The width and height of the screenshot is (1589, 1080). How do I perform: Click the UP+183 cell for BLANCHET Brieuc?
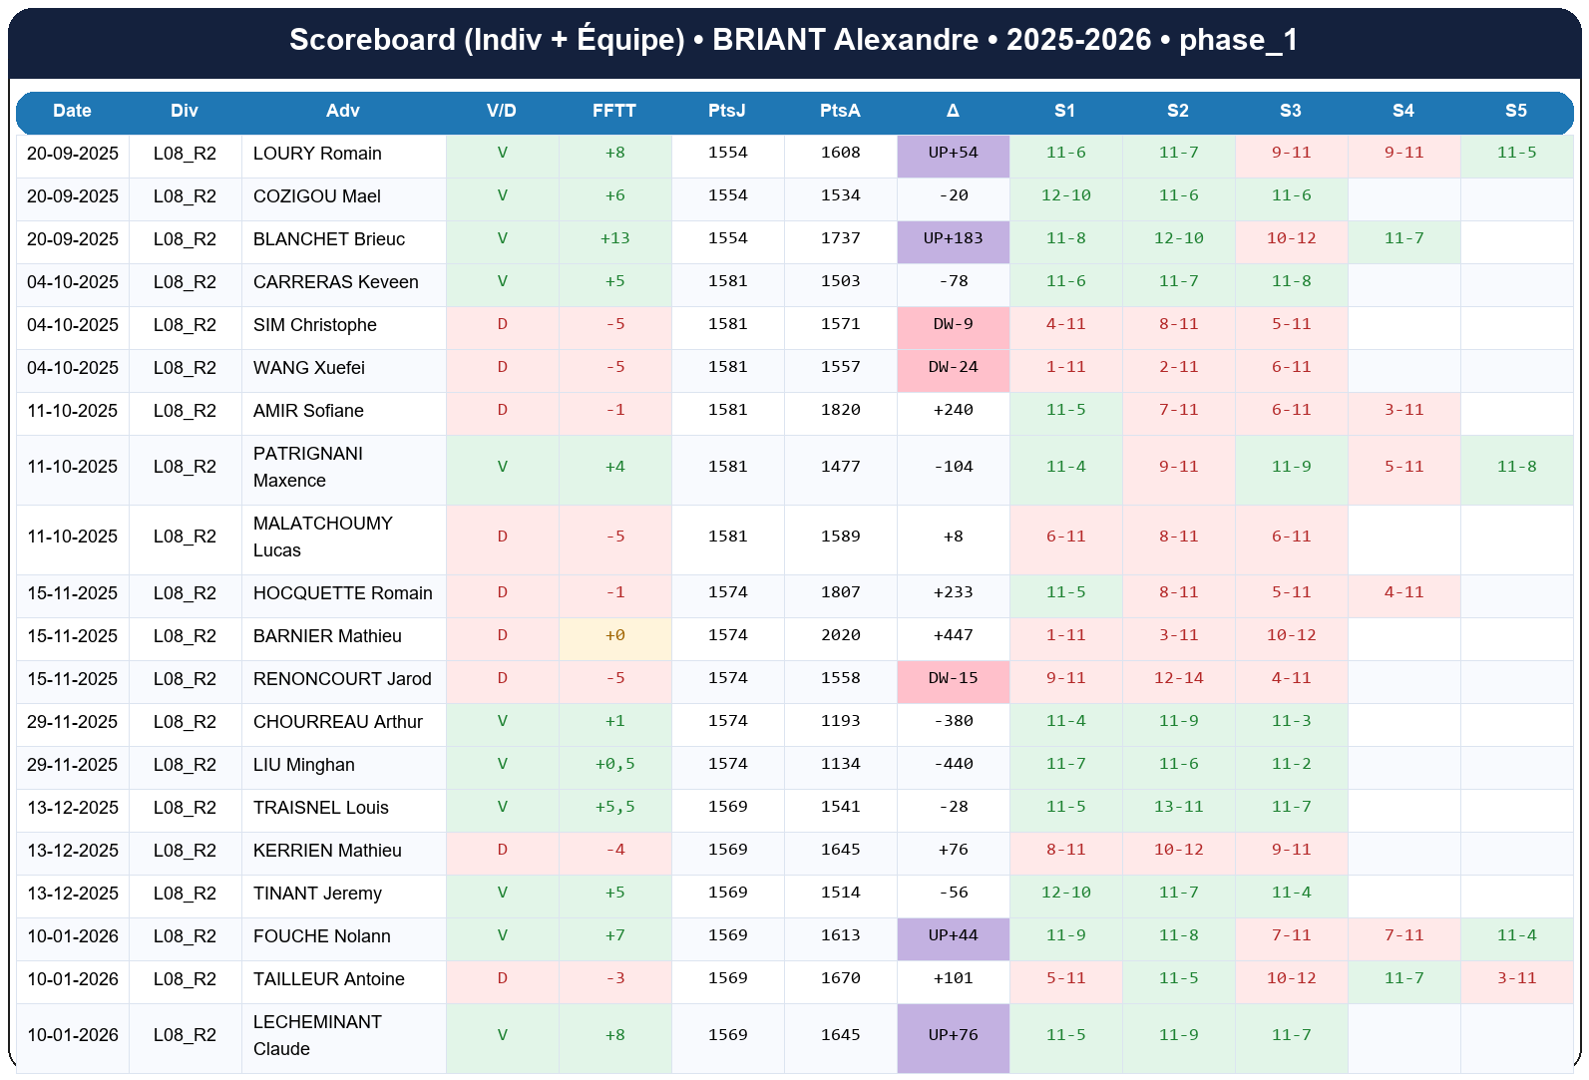pyautogui.click(x=953, y=238)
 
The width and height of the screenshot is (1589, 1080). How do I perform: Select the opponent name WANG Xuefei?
pyautogui.click(x=308, y=368)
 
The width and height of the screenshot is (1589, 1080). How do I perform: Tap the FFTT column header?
pyautogui.click(x=613, y=111)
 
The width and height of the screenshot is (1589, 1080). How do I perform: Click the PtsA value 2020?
pyautogui.click(x=840, y=635)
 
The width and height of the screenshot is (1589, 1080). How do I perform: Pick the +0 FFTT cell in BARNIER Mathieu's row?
pyautogui.click(x=614, y=636)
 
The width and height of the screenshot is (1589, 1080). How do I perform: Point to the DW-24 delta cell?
pyautogui.click(x=953, y=367)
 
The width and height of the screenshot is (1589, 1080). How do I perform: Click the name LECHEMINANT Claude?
pyautogui.click(x=316, y=1035)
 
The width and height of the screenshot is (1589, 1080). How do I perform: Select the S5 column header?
pyautogui.click(x=1515, y=111)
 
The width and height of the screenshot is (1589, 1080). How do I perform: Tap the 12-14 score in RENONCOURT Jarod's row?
pyautogui.click(x=1178, y=678)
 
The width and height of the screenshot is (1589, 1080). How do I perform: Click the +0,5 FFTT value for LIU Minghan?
pyautogui.click(x=614, y=764)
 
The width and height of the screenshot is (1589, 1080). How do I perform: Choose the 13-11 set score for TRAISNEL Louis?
pyautogui.click(x=1178, y=807)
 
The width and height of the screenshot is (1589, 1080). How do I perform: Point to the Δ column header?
pyautogui.click(x=953, y=111)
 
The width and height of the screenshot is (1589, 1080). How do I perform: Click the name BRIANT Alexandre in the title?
pyautogui.click(x=845, y=40)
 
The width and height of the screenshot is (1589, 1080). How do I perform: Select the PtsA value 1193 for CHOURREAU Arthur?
pyautogui.click(x=840, y=721)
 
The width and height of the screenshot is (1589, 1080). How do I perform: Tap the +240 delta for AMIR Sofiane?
pyautogui.click(x=953, y=410)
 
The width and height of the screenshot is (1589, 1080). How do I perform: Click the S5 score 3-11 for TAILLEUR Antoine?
pyautogui.click(x=1516, y=978)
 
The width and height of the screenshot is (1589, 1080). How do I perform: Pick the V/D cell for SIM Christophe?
pyautogui.click(x=502, y=324)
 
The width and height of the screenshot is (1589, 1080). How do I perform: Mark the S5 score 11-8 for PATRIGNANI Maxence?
pyautogui.click(x=1516, y=467)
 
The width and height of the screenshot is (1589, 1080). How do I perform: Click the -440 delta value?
pyautogui.click(x=953, y=764)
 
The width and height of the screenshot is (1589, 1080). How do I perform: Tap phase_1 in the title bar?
pyautogui.click(x=1238, y=40)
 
